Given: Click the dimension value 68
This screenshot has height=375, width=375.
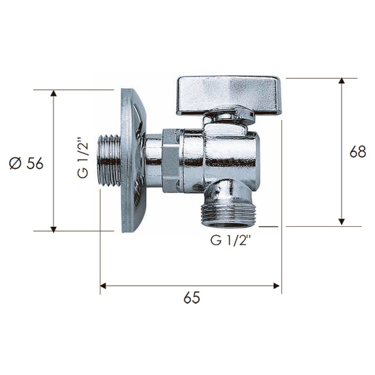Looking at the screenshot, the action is point(357,151).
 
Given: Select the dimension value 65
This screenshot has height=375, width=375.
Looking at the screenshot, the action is point(192,297).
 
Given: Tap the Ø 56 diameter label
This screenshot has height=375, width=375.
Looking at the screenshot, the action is point(26,163).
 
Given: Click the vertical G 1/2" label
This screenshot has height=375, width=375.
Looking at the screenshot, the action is point(83,160).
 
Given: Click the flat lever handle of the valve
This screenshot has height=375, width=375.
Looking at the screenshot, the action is point(228,95).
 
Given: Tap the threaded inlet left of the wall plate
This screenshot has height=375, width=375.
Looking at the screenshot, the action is point(109,160).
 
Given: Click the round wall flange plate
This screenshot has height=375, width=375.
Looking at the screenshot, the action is point(132,160).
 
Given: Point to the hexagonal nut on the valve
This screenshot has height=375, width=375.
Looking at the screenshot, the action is point(171,160).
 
